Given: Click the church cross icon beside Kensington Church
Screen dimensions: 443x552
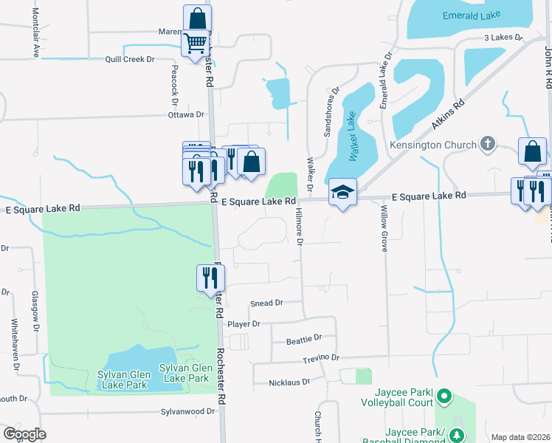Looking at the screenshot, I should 486,144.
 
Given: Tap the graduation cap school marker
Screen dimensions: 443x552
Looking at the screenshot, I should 342,193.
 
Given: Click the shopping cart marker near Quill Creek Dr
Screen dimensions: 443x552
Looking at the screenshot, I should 195,44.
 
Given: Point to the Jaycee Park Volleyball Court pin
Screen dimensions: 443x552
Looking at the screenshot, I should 444,397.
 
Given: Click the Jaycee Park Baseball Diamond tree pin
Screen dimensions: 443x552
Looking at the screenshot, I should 458,436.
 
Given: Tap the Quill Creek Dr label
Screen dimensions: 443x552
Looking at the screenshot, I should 130,58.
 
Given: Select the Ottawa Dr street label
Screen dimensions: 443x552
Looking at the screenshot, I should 186,114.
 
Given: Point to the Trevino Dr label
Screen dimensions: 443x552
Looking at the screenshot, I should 320,357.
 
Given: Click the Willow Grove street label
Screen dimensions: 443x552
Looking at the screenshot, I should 384,229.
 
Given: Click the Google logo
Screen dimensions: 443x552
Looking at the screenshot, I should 24,434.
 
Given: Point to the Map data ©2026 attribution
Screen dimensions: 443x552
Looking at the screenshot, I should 520,437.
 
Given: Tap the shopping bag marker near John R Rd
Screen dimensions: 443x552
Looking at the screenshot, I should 532,152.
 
